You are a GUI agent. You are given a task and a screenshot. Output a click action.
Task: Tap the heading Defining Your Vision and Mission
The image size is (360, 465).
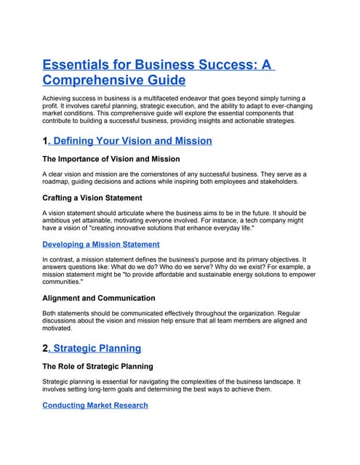(133, 140)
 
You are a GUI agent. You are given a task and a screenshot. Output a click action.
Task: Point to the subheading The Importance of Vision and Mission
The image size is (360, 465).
(111, 159)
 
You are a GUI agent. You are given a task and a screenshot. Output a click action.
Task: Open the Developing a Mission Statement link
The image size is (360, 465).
(101, 244)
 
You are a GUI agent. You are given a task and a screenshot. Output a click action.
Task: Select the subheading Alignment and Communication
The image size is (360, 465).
(98, 298)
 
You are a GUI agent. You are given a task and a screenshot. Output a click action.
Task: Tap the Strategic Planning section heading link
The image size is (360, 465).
(98, 349)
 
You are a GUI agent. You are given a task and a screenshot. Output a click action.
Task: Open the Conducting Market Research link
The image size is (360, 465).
(95, 405)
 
